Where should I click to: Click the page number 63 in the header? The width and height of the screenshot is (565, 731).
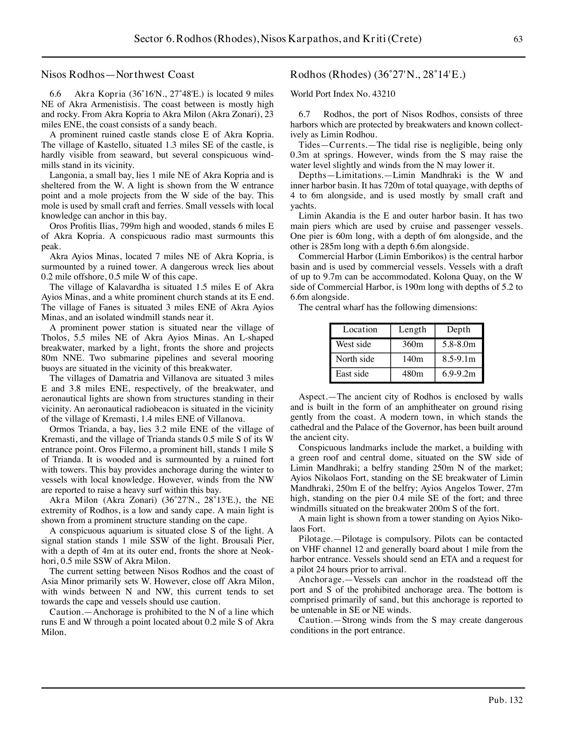[x=518, y=39]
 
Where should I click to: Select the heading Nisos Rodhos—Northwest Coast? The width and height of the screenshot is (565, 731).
[x=117, y=75]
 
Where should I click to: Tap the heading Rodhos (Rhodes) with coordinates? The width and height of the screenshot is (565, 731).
[x=377, y=75]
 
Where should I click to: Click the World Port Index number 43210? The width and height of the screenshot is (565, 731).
[x=383, y=94]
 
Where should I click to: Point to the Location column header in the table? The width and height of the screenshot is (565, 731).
[x=360, y=330]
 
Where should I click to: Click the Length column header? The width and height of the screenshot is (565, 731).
[x=412, y=330]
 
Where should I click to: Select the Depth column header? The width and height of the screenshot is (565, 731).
[x=458, y=330]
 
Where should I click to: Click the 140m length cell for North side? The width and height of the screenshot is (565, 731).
[x=412, y=359]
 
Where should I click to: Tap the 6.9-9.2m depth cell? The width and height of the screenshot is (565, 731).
[x=459, y=374]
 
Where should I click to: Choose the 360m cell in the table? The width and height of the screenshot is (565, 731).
[x=412, y=344]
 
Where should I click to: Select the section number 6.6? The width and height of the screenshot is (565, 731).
[x=55, y=94]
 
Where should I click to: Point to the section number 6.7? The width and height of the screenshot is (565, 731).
[x=304, y=114]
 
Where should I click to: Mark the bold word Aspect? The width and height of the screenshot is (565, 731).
[x=312, y=397]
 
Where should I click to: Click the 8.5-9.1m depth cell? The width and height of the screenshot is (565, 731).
[x=459, y=359]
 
